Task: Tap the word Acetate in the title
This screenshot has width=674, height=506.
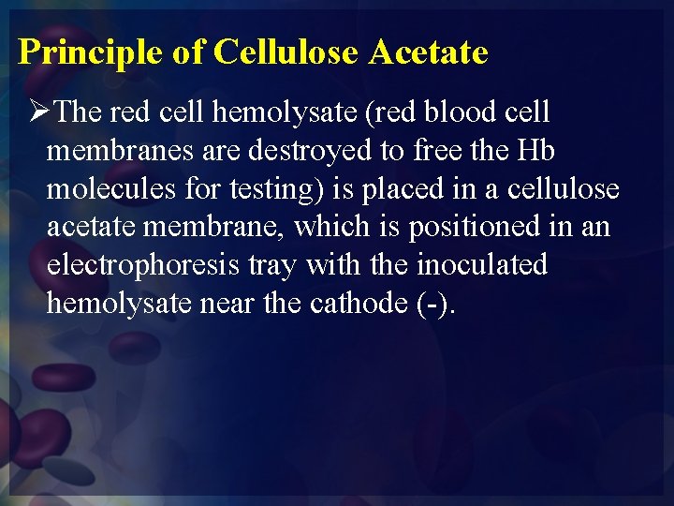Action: [x=428, y=52]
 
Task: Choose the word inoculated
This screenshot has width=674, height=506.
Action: [x=481, y=265]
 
